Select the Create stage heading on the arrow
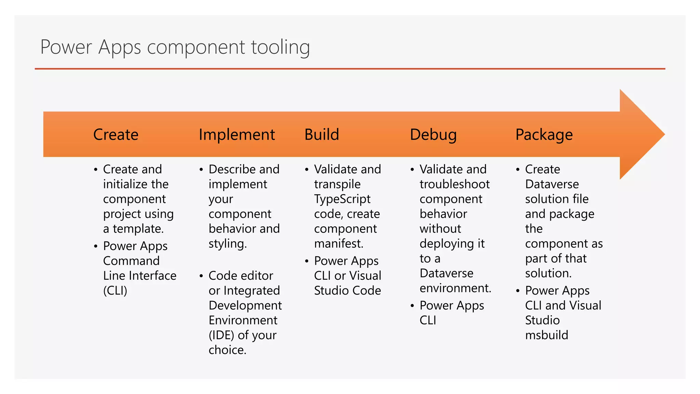(x=116, y=134)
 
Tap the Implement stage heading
(x=237, y=134)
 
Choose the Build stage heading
(x=322, y=134)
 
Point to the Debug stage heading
(x=433, y=135)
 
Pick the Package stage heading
(x=544, y=135)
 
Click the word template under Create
(x=138, y=229)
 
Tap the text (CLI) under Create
(x=115, y=291)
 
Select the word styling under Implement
(x=228, y=244)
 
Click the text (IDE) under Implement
(x=221, y=335)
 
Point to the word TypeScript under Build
(x=342, y=199)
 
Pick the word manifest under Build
(x=339, y=244)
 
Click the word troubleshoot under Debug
(x=455, y=184)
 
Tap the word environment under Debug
(x=455, y=288)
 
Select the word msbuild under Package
(x=547, y=335)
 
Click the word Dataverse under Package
(x=552, y=184)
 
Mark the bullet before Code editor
(x=201, y=276)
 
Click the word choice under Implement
(x=227, y=350)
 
